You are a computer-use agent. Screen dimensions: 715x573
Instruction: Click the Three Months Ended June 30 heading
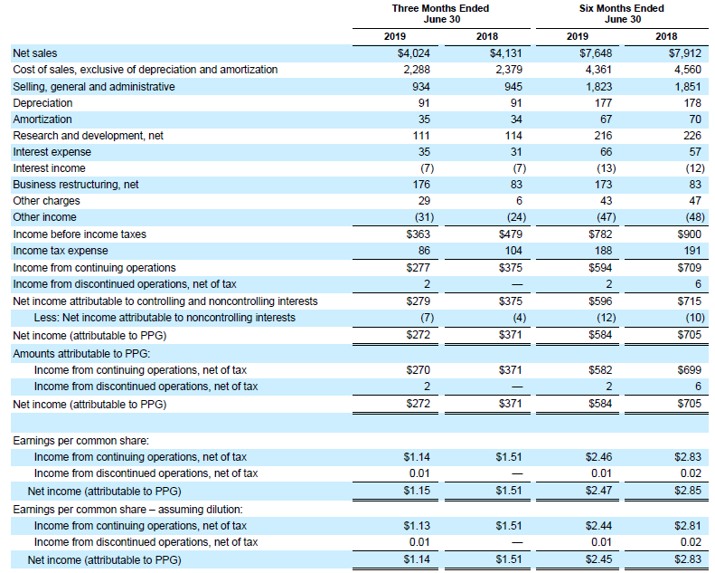(x=440, y=14)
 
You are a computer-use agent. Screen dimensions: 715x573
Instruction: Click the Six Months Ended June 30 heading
(x=622, y=14)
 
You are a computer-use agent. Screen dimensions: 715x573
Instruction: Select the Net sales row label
(x=35, y=53)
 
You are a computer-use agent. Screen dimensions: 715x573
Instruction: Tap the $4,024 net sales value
(x=414, y=53)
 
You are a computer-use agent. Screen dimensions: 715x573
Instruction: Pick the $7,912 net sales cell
(x=685, y=53)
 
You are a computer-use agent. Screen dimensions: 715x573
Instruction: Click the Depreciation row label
(x=42, y=102)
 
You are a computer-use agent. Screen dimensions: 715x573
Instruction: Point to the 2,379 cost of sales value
(x=509, y=70)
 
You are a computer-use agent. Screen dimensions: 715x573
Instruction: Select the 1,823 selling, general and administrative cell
(x=598, y=86)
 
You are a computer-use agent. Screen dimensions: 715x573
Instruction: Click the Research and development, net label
(x=88, y=136)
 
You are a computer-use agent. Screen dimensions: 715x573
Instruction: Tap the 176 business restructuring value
(x=421, y=185)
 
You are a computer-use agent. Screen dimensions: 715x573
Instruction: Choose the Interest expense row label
(x=52, y=152)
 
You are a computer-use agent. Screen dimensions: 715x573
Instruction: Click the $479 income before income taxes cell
(x=510, y=234)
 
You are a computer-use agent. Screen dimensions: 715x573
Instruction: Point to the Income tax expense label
(x=61, y=251)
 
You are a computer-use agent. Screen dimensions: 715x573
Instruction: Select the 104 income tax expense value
(x=513, y=251)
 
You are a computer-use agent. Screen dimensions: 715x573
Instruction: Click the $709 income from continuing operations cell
(x=689, y=268)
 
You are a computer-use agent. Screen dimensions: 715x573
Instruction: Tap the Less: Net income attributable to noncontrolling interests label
(x=165, y=318)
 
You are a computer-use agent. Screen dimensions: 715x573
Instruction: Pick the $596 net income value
(x=600, y=301)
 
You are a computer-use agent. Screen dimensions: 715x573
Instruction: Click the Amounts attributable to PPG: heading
(x=81, y=354)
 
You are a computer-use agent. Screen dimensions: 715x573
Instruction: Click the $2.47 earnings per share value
(x=598, y=491)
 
